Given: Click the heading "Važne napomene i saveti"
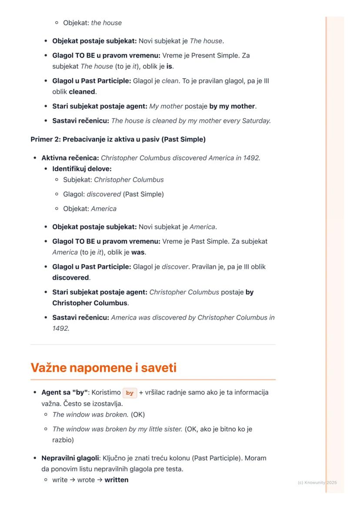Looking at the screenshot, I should tap(103, 368).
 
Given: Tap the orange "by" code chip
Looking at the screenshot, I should tap(130, 393).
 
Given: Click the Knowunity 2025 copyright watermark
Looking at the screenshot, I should tap(317, 482).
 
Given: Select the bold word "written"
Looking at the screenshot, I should tap(116, 480).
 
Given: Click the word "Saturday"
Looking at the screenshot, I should tap(256, 121).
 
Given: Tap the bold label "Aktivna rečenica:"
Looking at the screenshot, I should tap(70, 158).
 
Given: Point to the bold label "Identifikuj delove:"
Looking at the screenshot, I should tap(82, 169).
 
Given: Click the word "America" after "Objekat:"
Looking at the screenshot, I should tap(103, 209).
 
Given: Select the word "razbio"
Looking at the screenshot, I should tap(63, 440).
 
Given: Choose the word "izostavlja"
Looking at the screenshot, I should tap(105, 404).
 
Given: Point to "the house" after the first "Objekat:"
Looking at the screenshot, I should tap(106, 23).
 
